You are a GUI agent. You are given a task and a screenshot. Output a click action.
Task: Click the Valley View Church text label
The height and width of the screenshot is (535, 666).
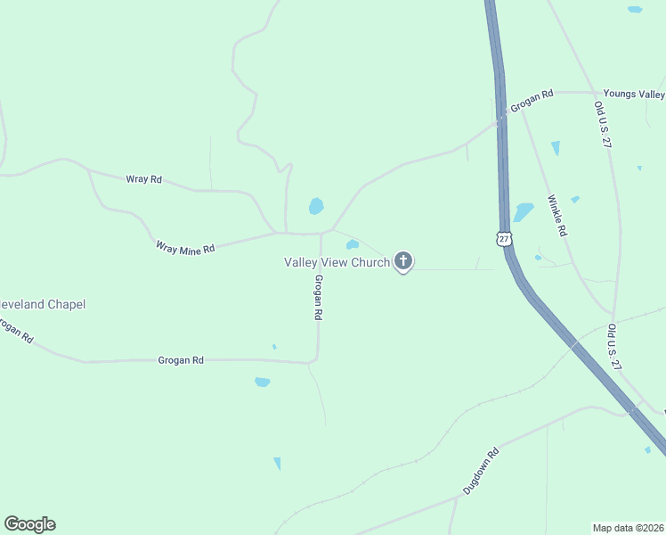[x=337, y=262]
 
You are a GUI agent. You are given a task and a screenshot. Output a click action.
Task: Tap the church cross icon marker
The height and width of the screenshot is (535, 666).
[x=403, y=261]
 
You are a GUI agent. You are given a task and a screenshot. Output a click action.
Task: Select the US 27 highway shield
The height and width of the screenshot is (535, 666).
[x=505, y=239]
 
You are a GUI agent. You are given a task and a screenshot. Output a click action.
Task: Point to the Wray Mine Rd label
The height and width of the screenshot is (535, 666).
[x=185, y=248]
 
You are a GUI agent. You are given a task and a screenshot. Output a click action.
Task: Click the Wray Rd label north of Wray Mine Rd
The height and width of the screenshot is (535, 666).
[x=143, y=179]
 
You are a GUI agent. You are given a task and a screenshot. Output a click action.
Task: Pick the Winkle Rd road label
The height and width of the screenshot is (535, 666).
[x=557, y=215]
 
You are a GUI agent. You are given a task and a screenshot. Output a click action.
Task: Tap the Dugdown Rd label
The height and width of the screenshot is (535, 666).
[x=481, y=472]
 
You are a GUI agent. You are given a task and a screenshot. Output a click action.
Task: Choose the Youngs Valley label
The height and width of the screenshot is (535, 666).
[x=633, y=94]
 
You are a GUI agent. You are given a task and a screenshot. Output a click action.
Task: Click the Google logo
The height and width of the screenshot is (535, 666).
[x=29, y=524]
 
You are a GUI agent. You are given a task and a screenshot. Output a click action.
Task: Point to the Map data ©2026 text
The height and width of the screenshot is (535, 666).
[x=628, y=527]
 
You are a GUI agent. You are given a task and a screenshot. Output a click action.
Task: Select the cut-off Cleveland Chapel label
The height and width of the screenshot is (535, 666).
[x=42, y=304]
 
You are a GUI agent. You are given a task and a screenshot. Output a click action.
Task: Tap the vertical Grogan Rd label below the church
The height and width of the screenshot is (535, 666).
[x=317, y=297]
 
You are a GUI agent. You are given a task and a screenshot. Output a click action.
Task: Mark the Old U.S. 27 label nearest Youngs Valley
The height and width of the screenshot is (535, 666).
[x=603, y=125]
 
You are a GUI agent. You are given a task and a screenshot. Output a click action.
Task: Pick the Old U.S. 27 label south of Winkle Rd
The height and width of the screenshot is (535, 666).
[x=613, y=345]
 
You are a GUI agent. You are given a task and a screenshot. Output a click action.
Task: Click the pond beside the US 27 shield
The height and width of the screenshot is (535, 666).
[x=523, y=212]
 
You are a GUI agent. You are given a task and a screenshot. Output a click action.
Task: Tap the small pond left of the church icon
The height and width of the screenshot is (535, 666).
[x=353, y=244]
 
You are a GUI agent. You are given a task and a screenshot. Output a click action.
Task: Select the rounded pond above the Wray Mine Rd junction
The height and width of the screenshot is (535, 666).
[x=316, y=206]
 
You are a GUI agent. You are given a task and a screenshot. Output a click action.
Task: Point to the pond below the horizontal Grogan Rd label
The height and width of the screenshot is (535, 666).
[x=262, y=382]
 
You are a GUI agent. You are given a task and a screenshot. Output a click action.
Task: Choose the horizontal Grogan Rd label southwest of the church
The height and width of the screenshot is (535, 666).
[x=181, y=360]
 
